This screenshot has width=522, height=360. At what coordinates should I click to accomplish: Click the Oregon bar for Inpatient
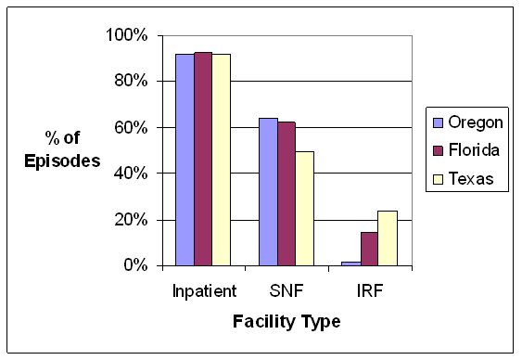click(185, 160)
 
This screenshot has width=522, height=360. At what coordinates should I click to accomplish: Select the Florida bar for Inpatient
click(203, 159)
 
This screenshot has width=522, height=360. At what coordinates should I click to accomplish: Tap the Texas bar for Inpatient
click(221, 160)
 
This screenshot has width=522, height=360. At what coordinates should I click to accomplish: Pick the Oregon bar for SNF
click(268, 192)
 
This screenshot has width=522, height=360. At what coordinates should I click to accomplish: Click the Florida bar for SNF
click(286, 194)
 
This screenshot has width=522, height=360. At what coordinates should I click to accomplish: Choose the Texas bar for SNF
click(305, 209)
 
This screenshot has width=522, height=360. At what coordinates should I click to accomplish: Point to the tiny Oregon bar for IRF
click(351, 264)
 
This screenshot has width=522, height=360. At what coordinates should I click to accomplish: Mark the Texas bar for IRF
click(388, 238)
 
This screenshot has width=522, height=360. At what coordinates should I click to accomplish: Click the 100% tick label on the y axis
click(127, 35)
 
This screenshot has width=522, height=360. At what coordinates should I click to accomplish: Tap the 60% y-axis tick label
click(131, 127)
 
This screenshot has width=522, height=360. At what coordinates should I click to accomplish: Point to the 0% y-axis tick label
click(135, 265)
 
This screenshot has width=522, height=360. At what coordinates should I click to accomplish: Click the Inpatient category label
click(203, 290)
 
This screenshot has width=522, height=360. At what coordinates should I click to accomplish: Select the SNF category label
click(286, 290)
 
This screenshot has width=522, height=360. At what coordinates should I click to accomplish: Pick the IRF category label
click(370, 290)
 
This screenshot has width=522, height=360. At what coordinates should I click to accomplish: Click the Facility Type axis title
click(286, 322)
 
